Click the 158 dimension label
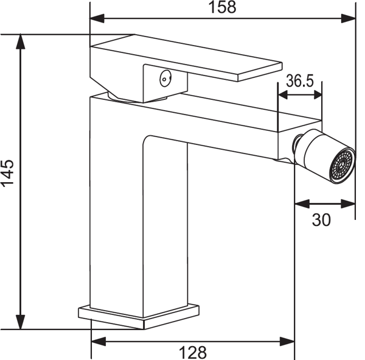(x=222, y=7)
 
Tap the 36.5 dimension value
(x=300, y=81)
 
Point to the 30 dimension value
(x=321, y=220)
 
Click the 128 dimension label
(x=193, y=353)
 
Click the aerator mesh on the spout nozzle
(x=342, y=166)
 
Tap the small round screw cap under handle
(x=165, y=79)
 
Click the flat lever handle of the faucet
(x=186, y=58)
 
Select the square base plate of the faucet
(x=139, y=317)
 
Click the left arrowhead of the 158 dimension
(x=97, y=18)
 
